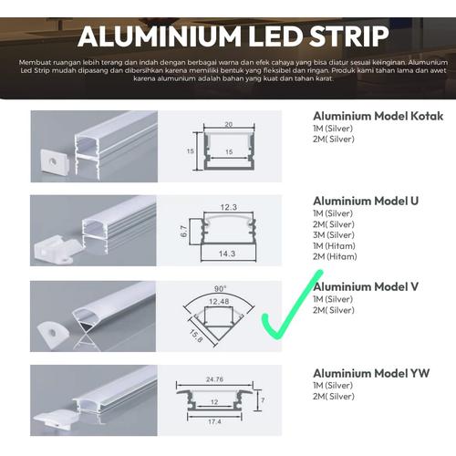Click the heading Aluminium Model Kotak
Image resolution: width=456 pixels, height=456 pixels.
(x=378, y=117)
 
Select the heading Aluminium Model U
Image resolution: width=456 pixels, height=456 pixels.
(x=366, y=201)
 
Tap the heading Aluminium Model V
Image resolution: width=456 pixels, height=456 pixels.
(x=366, y=286)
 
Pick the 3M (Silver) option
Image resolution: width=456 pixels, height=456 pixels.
(x=333, y=235)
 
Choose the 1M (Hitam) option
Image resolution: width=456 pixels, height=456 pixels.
(x=333, y=246)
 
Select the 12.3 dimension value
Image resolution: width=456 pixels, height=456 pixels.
(x=229, y=207)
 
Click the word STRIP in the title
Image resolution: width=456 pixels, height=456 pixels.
(x=337, y=37)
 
